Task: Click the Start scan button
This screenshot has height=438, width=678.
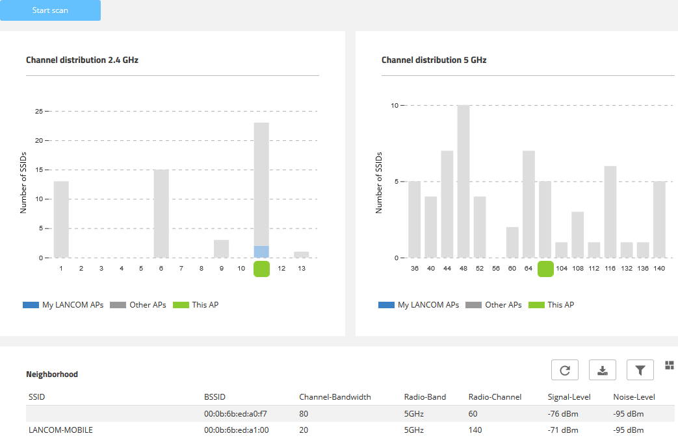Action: [x=50, y=10]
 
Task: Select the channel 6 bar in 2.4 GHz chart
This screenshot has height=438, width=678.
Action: [x=161, y=213]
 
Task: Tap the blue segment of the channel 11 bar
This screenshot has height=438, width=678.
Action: [x=261, y=252]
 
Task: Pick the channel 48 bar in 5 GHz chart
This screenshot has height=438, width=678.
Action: [x=463, y=181]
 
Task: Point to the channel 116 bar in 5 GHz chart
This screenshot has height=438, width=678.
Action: [x=610, y=212]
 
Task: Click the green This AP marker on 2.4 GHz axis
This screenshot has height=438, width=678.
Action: [x=261, y=269]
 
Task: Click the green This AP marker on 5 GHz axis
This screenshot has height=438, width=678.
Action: [x=545, y=269]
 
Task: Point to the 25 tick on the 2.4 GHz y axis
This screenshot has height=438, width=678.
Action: [x=39, y=112]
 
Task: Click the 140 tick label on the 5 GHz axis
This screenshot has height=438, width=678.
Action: [x=659, y=268]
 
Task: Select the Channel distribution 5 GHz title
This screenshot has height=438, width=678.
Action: [x=434, y=60]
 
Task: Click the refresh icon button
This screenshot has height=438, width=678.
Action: [x=565, y=370]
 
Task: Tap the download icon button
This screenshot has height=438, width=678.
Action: [x=603, y=370]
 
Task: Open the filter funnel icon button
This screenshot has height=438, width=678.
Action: [x=640, y=370]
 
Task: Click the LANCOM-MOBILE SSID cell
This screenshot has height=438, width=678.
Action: [x=60, y=430]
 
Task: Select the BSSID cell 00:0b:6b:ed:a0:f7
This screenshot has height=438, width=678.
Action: [x=236, y=413]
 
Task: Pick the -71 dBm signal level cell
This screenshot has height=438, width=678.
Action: [x=563, y=430]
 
